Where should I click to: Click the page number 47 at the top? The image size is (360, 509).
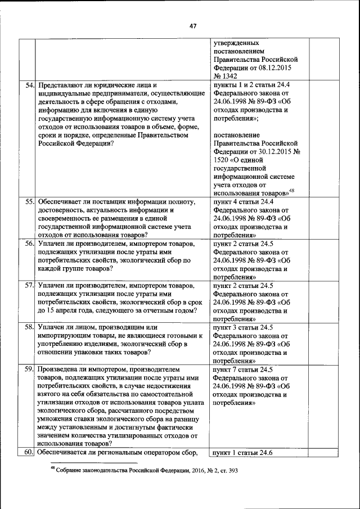(192, 26)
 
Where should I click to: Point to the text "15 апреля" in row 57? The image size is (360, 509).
(64, 310)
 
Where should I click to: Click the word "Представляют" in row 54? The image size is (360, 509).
(61, 85)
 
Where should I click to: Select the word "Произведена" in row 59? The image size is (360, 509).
(59, 370)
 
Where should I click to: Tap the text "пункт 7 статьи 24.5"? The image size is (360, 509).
(244, 370)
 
